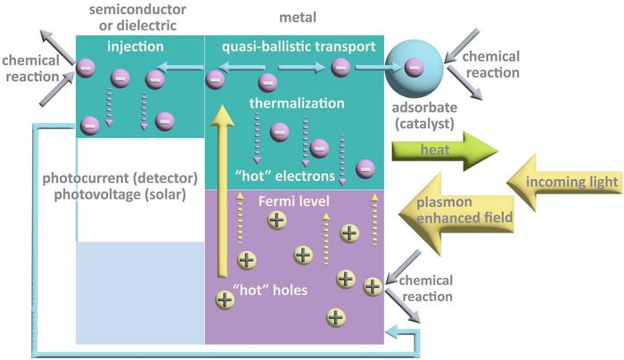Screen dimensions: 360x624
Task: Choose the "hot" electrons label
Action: coord(283,173)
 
